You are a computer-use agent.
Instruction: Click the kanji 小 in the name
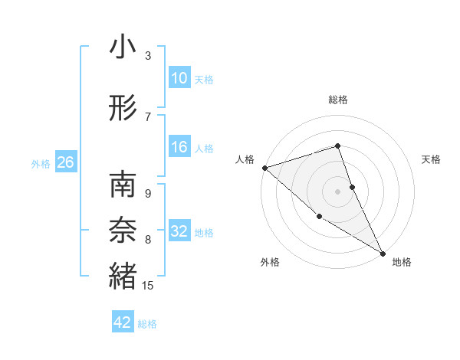[x=123, y=47]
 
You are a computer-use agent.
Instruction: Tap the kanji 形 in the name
[x=123, y=109]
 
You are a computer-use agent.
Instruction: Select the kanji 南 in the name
[x=123, y=185]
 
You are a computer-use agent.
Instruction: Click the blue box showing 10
[x=179, y=79]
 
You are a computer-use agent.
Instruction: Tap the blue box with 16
[x=179, y=148]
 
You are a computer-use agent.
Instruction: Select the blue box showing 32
[x=179, y=232]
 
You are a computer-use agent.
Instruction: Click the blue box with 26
[x=65, y=163]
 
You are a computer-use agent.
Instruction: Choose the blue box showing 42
[x=123, y=322]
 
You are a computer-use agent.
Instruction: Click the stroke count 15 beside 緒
[x=148, y=286]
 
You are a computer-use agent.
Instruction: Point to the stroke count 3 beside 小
[x=147, y=56]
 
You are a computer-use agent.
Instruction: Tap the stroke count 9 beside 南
[x=147, y=194]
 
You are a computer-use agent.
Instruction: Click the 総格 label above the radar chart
[x=338, y=100]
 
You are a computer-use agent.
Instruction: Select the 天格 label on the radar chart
[x=432, y=159]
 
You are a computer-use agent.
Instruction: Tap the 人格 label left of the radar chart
[x=245, y=159]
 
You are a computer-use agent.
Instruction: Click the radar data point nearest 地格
[x=383, y=252]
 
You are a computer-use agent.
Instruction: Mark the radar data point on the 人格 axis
[x=264, y=168]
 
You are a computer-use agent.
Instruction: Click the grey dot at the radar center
[x=338, y=191]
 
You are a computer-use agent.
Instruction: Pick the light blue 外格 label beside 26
[x=41, y=164]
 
